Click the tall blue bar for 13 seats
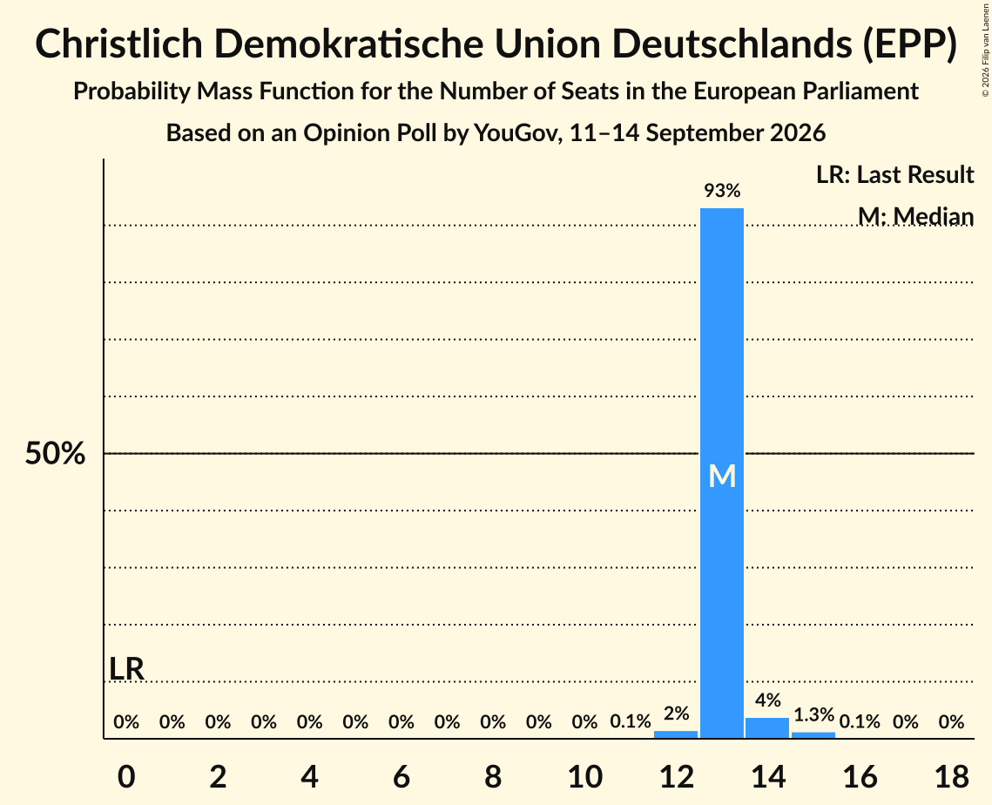tap(722, 473)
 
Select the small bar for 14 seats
tap(767, 727)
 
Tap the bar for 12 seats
tap(676, 734)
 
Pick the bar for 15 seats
tap(813, 735)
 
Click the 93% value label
tap(722, 190)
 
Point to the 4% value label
tap(768, 700)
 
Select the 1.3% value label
tap(814, 714)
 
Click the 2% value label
tap(677, 714)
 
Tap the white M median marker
tap(722, 476)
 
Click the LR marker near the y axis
tap(126, 669)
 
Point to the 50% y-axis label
tap(55, 453)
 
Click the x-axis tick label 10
tap(584, 776)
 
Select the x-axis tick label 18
tap(952, 776)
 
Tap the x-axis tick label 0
tap(126, 776)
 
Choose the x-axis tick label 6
tap(402, 776)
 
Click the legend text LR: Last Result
tap(894, 174)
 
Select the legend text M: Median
tap(915, 216)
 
